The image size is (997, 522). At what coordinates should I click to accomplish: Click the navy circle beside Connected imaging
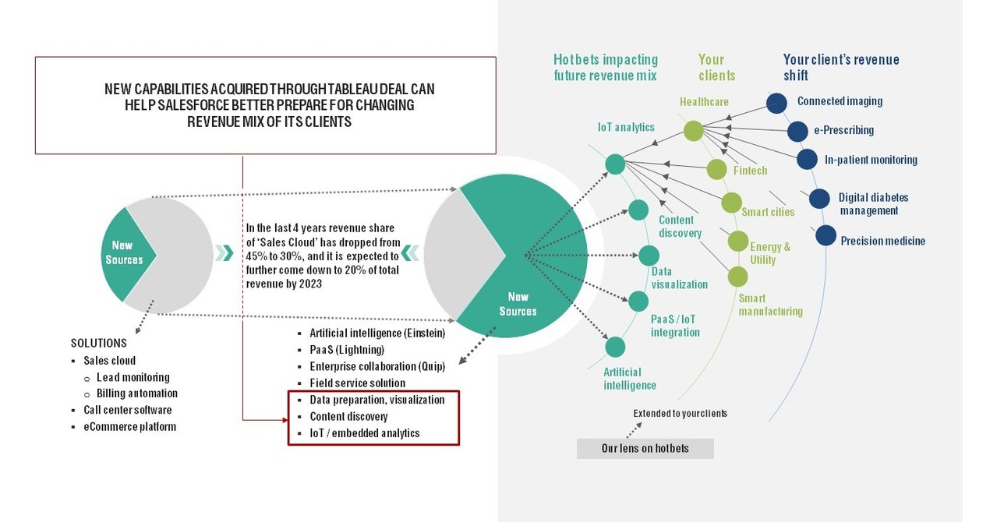click(776, 104)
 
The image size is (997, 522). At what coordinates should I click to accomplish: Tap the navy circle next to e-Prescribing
click(797, 132)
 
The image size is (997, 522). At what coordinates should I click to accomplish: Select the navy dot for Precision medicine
click(826, 235)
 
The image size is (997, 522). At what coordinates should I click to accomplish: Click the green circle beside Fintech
click(716, 170)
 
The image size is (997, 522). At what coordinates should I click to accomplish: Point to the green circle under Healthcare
click(694, 131)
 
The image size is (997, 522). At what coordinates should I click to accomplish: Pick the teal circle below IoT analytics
click(616, 164)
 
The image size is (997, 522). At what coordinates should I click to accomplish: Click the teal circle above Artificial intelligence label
click(616, 347)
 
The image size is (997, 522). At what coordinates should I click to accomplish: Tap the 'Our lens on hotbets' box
click(645, 448)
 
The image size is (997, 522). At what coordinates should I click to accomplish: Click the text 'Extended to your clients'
click(680, 414)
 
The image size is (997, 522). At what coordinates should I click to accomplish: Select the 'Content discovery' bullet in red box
click(348, 417)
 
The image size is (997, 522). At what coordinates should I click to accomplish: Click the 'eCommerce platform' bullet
click(129, 427)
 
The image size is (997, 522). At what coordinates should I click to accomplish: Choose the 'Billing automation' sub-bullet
click(136, 393)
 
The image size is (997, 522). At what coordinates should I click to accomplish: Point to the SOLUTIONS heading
click(99, 343)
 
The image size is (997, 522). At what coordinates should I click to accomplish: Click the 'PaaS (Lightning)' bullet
click(347, 350)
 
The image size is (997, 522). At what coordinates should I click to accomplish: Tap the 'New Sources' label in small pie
click(123, 252)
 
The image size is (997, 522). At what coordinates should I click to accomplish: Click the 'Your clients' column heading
click(716, 67)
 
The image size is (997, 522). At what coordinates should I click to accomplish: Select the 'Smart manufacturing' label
click(770, 305)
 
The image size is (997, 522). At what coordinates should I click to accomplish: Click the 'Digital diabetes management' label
click(873, 204)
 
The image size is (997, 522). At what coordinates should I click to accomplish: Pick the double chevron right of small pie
click(225, 252)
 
